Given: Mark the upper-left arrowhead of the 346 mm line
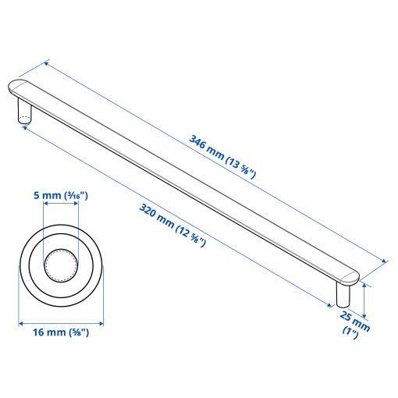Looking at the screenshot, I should [47, 62].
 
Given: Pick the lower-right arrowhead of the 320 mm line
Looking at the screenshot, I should [329, 304].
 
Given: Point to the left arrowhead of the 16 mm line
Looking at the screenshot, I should [21, 322].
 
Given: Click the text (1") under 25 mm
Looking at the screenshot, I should [350, 334].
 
